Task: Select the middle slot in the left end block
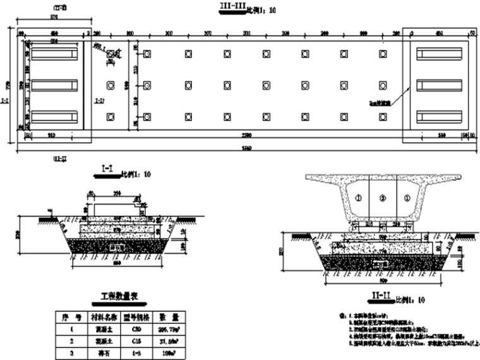[x=55, y=85]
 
